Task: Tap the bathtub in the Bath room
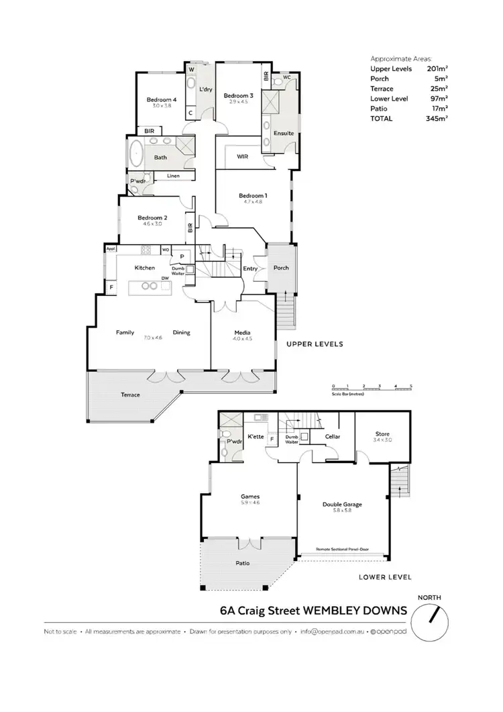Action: click(136, 153)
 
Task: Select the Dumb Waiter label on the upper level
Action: click(178, 270)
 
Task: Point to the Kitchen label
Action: click(145, 268)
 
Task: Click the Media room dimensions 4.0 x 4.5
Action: click(242, 339)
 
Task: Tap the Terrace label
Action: click(130, 395)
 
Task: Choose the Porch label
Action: click(281, 268)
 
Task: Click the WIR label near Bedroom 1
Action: click(243, 157)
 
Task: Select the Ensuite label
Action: click(284, 133)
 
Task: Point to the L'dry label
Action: click(206, 89)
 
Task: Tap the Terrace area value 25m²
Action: click(439, 89)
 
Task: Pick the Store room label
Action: click(382, 434)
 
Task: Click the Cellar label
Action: click(333, 437)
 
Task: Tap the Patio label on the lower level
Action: click(242, 563)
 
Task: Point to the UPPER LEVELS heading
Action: click(315, 344)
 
